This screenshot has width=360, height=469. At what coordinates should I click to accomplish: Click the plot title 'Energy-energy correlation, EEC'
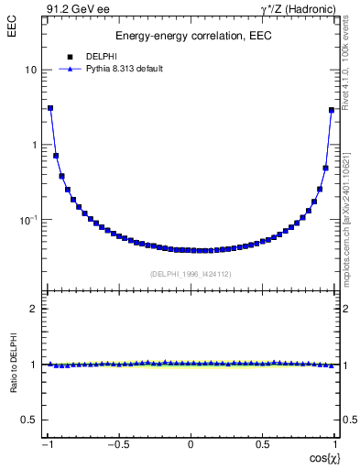[191, 36]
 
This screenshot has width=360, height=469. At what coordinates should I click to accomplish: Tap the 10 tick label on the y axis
[31, 70]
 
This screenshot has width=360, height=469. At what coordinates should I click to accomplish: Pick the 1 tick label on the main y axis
[34, 145]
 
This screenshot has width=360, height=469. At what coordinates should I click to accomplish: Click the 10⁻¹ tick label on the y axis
[28, 220]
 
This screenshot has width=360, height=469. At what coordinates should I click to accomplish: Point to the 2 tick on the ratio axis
[34, 309]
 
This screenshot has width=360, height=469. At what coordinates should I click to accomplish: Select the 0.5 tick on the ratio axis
[30, 420]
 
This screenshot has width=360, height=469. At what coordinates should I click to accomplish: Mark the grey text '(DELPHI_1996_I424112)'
[191, 273]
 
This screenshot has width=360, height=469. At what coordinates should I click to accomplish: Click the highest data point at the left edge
[50, 108]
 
